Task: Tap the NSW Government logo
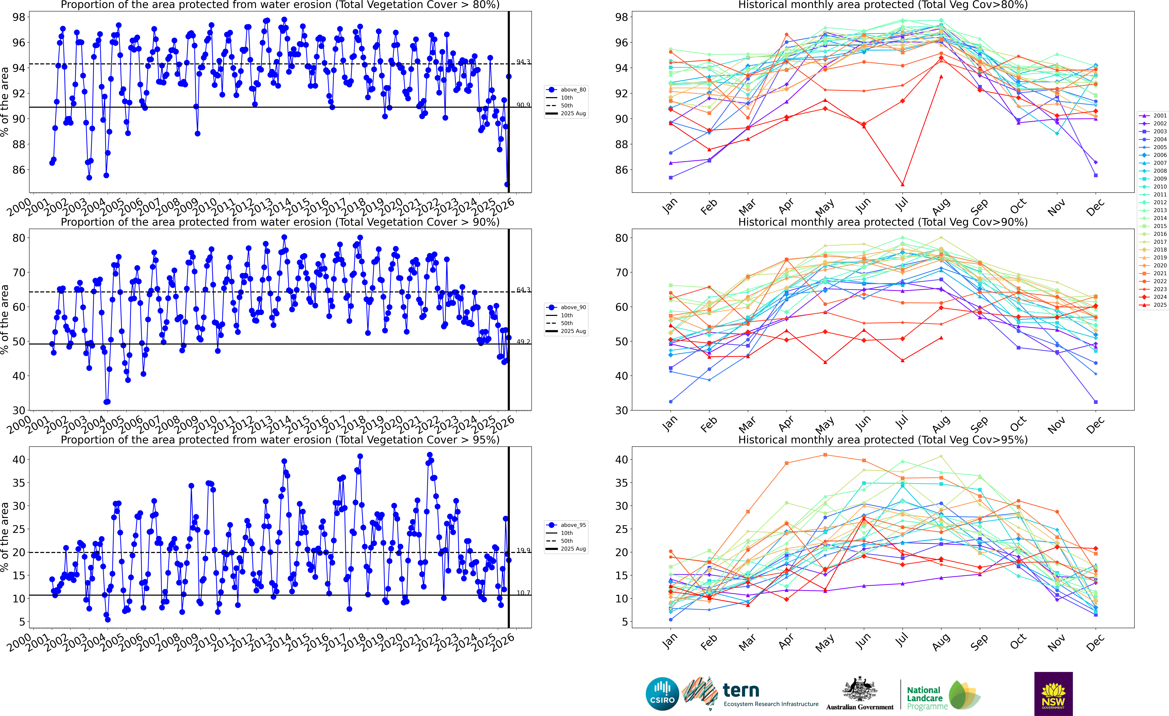(x=1053, y=694)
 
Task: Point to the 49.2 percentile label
(x=523, y=341)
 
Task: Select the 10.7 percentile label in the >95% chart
(x=523, y=593)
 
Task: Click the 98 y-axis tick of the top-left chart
(x=19, y=17)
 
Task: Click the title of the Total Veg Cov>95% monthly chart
(x=883, y=440)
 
